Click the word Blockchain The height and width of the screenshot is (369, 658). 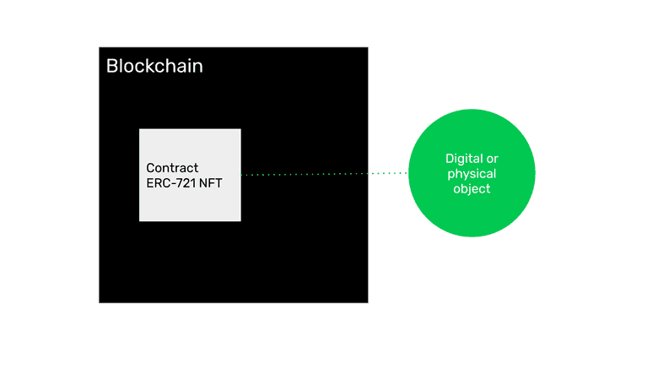[154, 66]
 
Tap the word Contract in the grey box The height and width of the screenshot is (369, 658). [172, 168]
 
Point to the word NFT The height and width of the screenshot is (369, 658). [210, 182]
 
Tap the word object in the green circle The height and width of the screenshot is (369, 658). [472, 189]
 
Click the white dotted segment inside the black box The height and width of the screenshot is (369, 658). [304, 174]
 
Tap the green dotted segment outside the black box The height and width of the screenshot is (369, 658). [388, 173]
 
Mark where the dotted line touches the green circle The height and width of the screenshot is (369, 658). [408, 173]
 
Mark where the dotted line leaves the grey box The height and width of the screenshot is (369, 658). [241, 175]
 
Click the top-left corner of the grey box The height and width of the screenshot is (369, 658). [140, 129]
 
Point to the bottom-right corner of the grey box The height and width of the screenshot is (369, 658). [240, 220]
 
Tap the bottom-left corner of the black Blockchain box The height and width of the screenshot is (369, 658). [100, 301]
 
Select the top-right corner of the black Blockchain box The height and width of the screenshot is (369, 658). [367, 47]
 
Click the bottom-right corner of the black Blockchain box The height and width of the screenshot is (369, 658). [367, 301]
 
